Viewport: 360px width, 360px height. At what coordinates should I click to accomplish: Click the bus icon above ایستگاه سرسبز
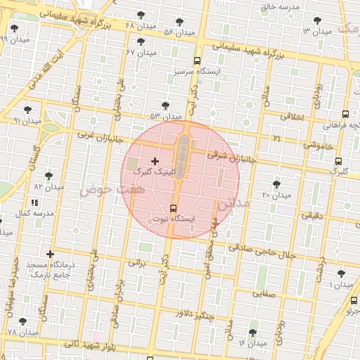click(x=198, y=60)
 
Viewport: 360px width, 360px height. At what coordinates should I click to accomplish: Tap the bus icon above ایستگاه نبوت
click(x=174, y=207)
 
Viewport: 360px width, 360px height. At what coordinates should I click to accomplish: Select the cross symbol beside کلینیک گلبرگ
click(x=155, y=162)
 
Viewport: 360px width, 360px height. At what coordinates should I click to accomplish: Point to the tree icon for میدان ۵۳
click(x=165, y=105)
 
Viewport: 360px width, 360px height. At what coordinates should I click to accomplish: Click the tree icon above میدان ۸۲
click(x=49, y=176)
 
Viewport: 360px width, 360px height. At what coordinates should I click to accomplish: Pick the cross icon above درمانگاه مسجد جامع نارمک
click(x=50, y=254)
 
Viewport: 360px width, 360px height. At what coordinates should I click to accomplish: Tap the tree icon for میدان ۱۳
click(x=307, y=21)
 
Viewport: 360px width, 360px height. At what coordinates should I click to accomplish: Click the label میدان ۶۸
click(x=139, y=25)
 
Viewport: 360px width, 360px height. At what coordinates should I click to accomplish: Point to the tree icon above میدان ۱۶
click(x=253, y=332)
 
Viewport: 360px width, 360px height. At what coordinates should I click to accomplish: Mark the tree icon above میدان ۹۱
click(x=28, y=110)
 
